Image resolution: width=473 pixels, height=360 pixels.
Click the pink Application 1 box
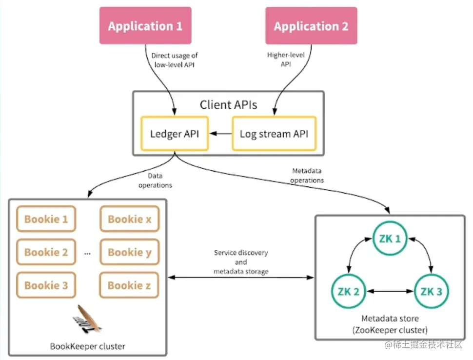pyautogui.click(x=145, y=25)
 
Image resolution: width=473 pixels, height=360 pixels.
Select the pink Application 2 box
pyautogui.click(x=311, y=25)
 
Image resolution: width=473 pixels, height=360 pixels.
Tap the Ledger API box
pyautogui.click(x=174, y=133)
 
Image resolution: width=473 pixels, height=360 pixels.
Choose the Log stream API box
pyautogui.click(x=274, y=133)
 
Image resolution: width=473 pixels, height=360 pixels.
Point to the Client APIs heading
pyautogui.click(x=229, y=104)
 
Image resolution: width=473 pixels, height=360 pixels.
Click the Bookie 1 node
pyautogui.click(x=46, y=219)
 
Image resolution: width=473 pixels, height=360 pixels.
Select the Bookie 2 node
pyautogui.click(x=46, y=252)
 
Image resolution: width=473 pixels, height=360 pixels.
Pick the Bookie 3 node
pyautogui.click(x=46, y=285)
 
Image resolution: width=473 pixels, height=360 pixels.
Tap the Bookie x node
pyautogui.click(x=129, y=219)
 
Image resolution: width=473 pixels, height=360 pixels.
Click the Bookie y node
pyautogui.click(x=129, y=252)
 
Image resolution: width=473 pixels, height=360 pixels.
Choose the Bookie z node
pyautogui.click(x=129, y=285)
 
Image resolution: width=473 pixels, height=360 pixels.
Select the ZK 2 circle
pyautogui.click(x=349, y=292)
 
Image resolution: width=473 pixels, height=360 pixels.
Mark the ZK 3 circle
pyautogui.click(x=431, y=292)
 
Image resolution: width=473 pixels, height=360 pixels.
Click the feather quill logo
pyautogui.click(x=87, y=319)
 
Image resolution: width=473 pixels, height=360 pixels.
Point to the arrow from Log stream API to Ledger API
pyautogui.click(x=220, y=133)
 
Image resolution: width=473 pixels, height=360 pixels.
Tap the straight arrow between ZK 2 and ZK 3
pyautogui.click(x=390, y=292)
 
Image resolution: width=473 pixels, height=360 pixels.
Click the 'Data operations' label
pyautogui.click(x=155, y=180)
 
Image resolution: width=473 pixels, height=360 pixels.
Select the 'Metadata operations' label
pyautogui.click(x=308, y=176)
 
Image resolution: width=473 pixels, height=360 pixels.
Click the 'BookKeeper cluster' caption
pyautogui.click(x=88, y=346)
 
